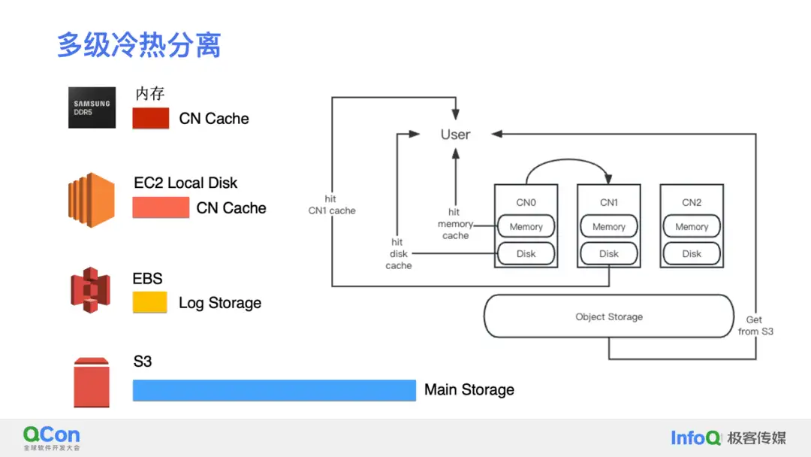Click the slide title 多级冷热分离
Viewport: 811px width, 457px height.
[139, 46]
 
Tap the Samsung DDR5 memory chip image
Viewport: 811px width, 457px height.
[92, 107]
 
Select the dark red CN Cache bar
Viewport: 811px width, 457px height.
[151, 119]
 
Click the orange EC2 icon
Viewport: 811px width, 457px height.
[90, 199]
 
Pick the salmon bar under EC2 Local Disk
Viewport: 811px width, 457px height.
[161, 207]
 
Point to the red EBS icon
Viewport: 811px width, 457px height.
[91, 289]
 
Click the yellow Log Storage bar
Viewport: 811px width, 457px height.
[149, 302]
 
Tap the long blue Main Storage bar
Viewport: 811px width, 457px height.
[274, 390]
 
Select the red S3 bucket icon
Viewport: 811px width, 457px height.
[92, 383]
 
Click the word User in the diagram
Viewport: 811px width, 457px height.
[455, 135]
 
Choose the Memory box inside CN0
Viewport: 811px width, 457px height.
[526, 226]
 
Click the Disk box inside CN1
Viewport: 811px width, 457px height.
[609, 253]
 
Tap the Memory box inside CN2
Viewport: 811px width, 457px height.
[692, 226]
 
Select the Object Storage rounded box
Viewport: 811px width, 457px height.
[609, 316]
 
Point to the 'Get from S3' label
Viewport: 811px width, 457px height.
[755, 325]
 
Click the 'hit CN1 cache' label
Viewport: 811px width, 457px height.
[331, 204]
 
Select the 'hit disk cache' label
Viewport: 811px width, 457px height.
[398, 254]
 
